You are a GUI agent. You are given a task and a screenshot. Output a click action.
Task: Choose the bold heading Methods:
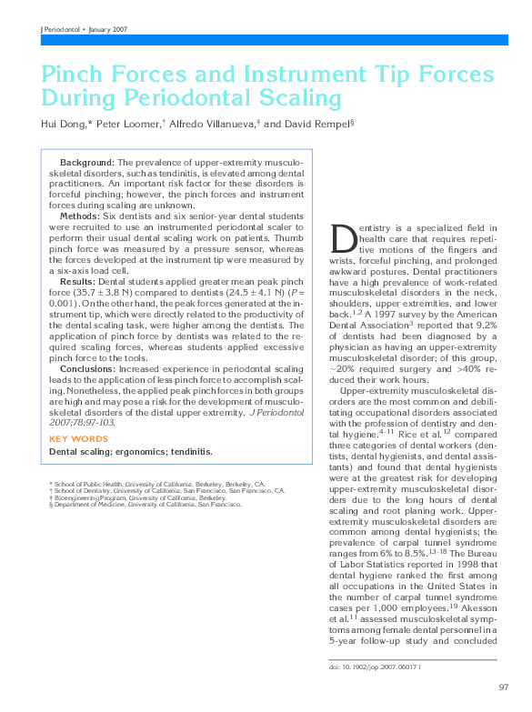click(x=81, y=216)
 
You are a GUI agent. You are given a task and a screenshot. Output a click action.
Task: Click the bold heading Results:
click(x=80, y=282)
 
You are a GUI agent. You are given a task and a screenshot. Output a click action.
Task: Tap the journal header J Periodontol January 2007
click(x=85, y=29)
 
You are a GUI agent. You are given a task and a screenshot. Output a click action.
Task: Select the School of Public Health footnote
click(x=156, y=485)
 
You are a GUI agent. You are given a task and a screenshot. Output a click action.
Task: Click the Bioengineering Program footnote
click(x=136, y=497)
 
